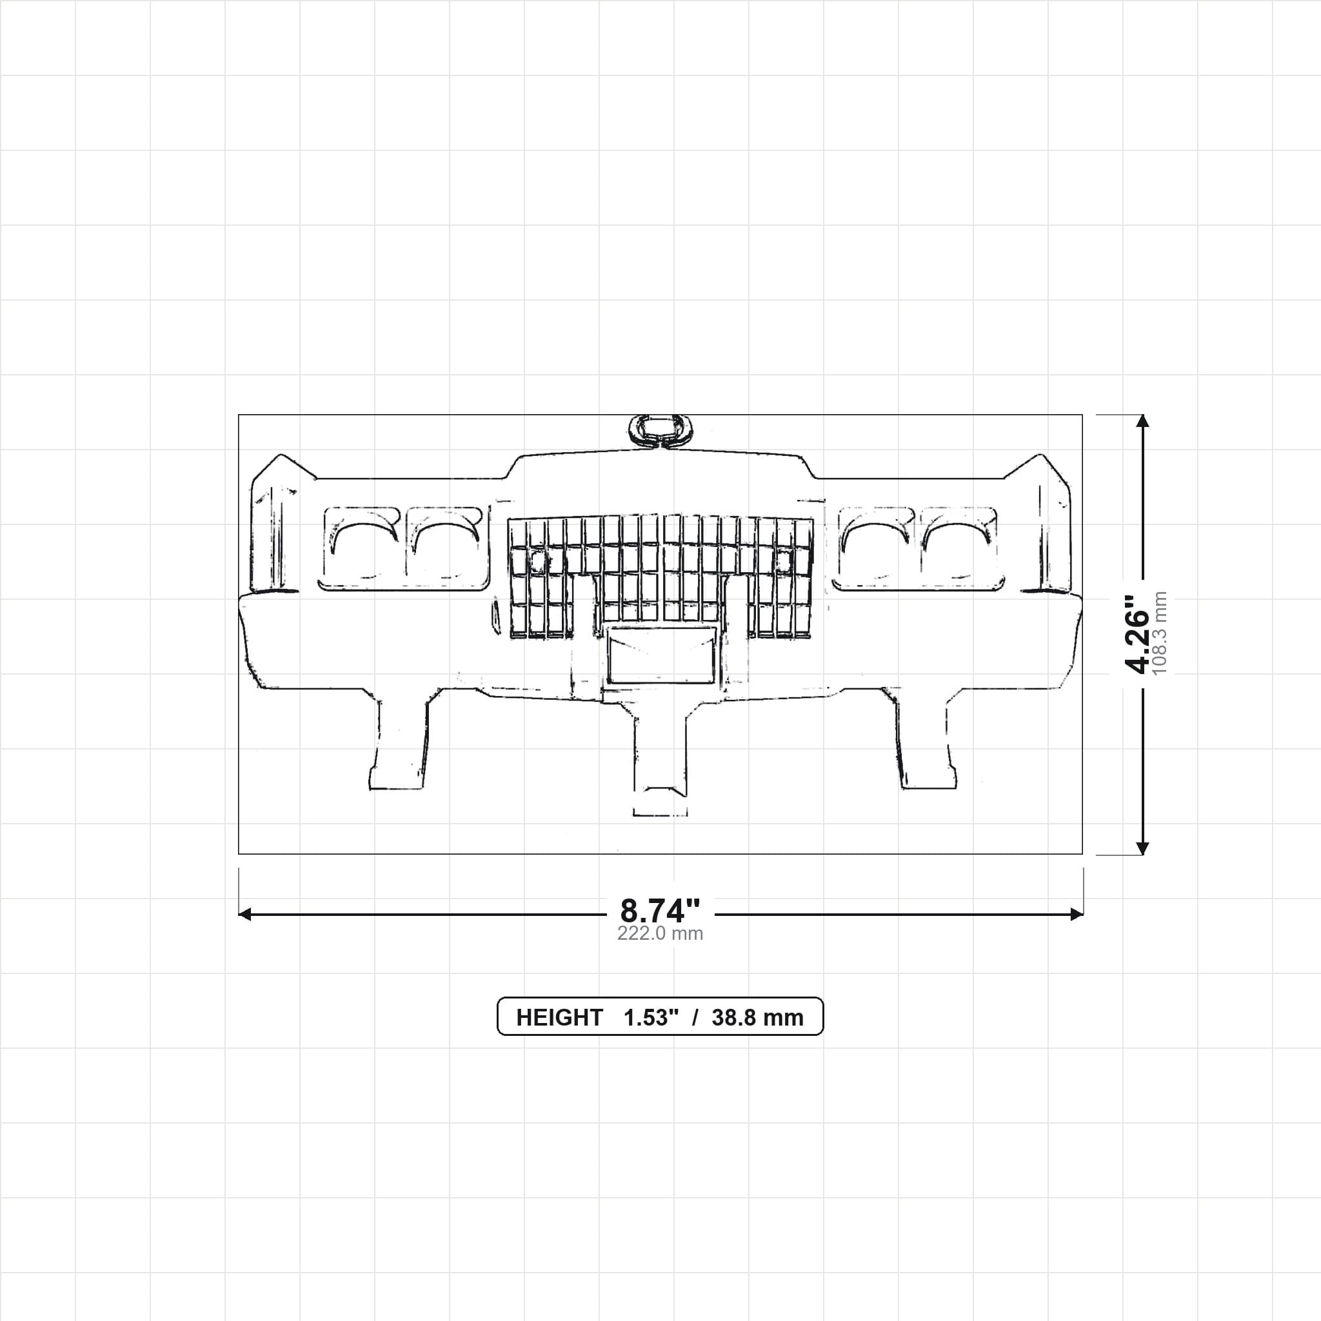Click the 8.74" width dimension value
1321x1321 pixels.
pyautogui.click(x=660, y=911)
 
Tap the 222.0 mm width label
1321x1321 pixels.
pyautogui.click(x=660, y=934)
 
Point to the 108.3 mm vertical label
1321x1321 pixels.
pyautogui.click(x=1160, y=633)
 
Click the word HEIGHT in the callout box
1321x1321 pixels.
pyautogui.click(x=559, y=1017)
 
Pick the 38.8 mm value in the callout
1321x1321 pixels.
pyautogui.click(x=758, y=1017)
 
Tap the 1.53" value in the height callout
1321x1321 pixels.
pyautogui.click(x=651, y=1017)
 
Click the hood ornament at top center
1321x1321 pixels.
pyautogui.click(x=659, y=431)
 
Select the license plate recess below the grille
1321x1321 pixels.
pyautogui.click(x=661, y=655)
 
